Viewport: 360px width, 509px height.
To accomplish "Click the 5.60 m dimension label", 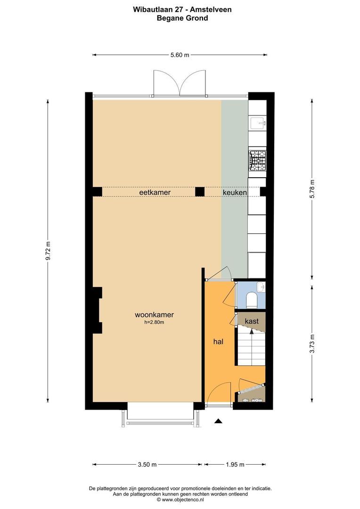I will click(x=180, y=55).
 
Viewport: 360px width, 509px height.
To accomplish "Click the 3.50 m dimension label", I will click(x=147, y=465).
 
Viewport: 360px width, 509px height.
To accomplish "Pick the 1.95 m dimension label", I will click(x=235, y=465).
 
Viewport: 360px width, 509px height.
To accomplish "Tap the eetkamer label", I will click(x=155, y=193).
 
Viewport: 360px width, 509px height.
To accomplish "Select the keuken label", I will click(x=235, y=193).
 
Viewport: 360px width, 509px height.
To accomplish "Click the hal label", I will click(x=218, y=342).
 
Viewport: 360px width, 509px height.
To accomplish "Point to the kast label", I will click(x=252, y=321).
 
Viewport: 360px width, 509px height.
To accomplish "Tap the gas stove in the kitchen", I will click(x=257, y=160).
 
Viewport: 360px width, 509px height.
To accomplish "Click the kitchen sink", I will click(x=258, y=123).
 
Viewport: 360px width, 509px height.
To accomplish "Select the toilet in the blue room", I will click(x=252, y=299).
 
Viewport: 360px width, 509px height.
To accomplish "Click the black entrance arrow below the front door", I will click(x=218, y=420).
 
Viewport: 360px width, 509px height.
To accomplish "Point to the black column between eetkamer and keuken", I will click(x=200, y=191).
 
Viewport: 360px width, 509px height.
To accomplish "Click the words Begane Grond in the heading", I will click(x=182, y=18).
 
